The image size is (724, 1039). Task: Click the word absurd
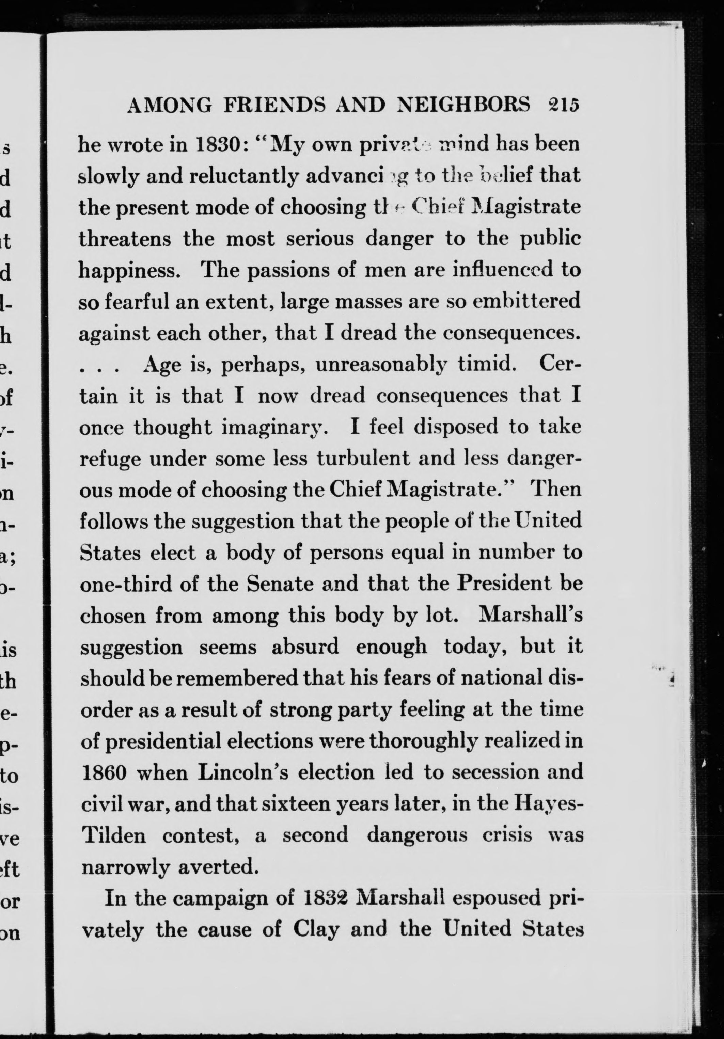(305, 647)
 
